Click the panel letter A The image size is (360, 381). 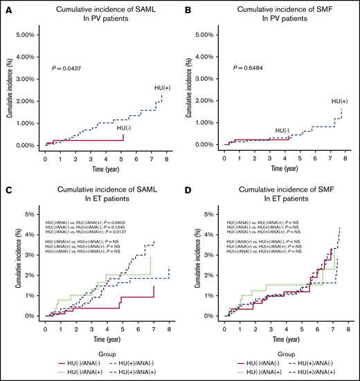[8, 9]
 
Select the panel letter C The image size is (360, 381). [8, 192]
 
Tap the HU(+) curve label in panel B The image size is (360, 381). [339, 102]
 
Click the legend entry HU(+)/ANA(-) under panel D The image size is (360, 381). [314, 362]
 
